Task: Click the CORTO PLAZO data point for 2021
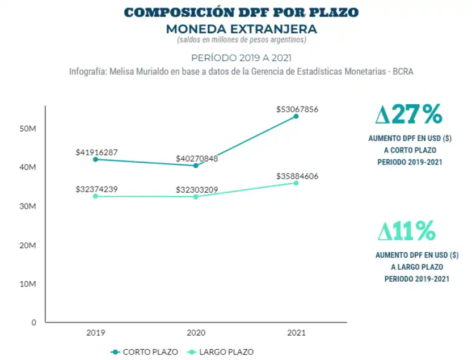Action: click(296, 116)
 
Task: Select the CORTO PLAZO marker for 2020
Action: click(196, 166)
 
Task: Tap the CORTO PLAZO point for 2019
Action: click(95, 159)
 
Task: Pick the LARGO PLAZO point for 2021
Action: click(296, 183)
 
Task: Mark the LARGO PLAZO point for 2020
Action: click(196, 197)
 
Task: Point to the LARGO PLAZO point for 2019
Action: click(95, 196)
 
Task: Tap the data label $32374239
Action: click(96, 189)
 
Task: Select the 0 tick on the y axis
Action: click(33, 322)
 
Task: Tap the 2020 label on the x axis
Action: click(196, 333)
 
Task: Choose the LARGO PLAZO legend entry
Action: click(222, 351)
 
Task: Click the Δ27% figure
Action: click(408, 115)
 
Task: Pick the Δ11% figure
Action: click(407, 231)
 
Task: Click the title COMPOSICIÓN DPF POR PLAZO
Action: click(241, 12)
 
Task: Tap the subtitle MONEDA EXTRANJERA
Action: click(241, 28)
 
